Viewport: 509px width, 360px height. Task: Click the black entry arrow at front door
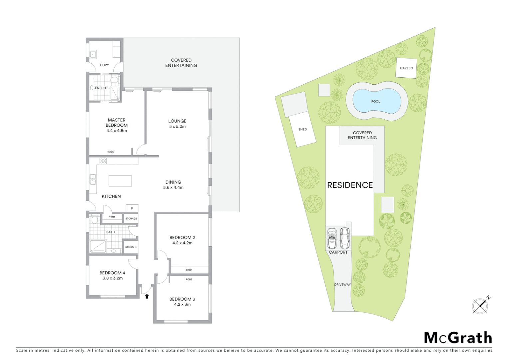click(147, 296)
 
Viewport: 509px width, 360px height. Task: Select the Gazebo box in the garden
click(406, 68)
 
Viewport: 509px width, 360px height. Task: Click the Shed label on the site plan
click(302, 129)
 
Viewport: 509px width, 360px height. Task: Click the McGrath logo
click(458, 338)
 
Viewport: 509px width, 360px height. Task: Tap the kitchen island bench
click(120, 181)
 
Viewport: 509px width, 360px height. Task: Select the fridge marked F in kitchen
click(132, 208)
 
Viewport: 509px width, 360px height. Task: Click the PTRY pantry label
click(112, 217)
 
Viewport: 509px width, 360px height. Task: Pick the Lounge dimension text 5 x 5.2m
click(177, 127)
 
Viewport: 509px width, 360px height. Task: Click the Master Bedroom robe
click(110, 152)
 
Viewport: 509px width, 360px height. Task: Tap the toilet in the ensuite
click(114, 80)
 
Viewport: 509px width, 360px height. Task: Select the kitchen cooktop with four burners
click(103, 161)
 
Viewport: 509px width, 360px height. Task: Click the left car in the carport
click(332, 238)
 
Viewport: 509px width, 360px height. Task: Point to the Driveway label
click(342, 285)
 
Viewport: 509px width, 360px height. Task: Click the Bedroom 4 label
click(112, 273)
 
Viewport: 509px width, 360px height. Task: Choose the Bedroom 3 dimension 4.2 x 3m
click(182, 304)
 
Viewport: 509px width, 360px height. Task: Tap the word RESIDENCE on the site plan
click(350, 185)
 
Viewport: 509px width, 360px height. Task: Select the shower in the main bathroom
click(98, 246)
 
